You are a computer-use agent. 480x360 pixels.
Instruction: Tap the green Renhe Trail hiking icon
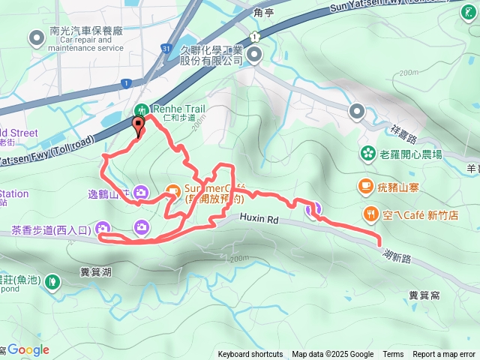[143, 108]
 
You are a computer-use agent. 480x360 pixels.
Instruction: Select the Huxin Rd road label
[259, 219]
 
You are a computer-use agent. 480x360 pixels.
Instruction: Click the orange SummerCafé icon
[172, 190]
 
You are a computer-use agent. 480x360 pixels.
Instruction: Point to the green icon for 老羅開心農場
[367, 154]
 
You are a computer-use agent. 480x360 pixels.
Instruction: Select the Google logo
[28, 349]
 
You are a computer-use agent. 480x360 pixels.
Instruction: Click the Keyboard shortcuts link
[250, 355]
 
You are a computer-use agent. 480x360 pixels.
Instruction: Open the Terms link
[393, 355]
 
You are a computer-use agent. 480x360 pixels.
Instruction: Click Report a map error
[445, 355]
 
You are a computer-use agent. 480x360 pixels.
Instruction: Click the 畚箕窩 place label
[424, 295]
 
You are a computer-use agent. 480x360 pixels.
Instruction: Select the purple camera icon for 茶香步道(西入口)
[103, 229]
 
